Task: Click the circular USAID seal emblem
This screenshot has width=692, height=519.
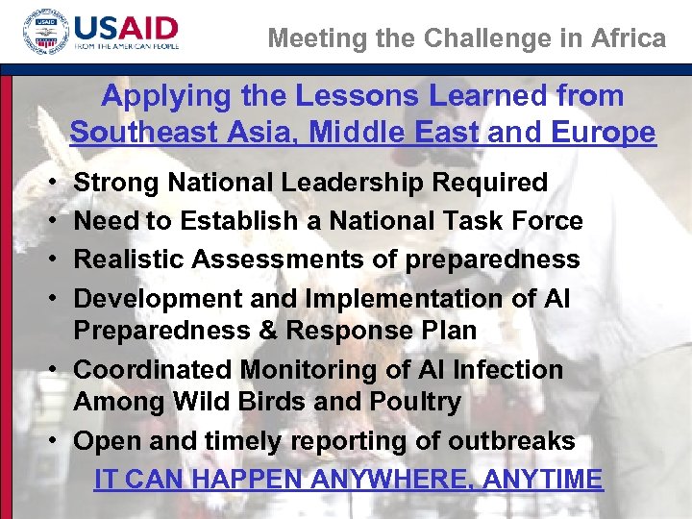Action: coord(45,36)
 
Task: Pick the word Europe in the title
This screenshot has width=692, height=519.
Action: coord(605,133)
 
